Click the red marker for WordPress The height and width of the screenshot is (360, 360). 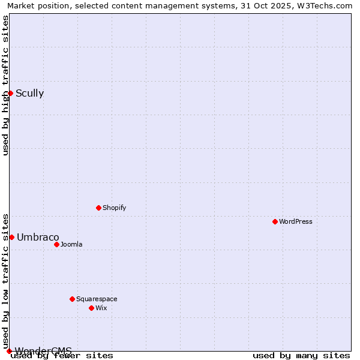coord(275,221)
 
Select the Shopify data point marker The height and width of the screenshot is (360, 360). coord(98,208)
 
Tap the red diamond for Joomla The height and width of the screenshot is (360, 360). coord(56,244)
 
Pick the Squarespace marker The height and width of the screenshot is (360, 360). coord(72,299)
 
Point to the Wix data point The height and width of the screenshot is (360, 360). coord(91,308)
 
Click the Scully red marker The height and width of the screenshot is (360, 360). coord(10,93)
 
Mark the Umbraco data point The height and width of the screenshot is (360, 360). coord(11,237)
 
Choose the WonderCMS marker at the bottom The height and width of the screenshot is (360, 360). coord(9,351)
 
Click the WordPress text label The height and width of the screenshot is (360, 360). coord(296,221)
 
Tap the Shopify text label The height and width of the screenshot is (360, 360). coord(114,208)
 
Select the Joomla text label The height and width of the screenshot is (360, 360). coord(71,244)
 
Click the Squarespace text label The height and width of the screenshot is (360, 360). coord(97,299)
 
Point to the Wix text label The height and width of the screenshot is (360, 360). coord(101,308)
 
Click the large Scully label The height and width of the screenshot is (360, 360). coord(29,93)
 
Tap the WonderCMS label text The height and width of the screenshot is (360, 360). coord(43,351)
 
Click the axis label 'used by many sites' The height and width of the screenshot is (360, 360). coord(301,356)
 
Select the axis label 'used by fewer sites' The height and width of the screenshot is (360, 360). coord(62,356)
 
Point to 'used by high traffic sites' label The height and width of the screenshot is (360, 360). coord(6,85)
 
